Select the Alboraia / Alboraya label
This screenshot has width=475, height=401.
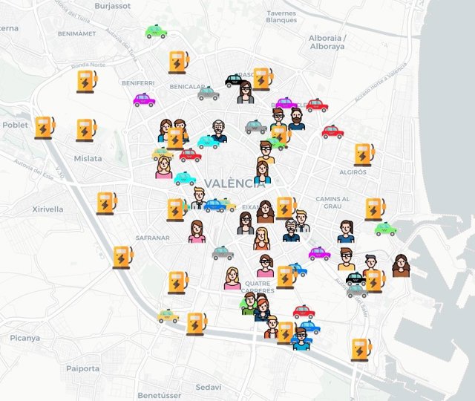327,42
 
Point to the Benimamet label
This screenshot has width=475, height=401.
76,34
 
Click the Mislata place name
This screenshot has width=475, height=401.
88,158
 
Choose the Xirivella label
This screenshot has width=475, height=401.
47,209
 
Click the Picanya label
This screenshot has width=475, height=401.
24,338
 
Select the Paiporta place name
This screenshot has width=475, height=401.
82,368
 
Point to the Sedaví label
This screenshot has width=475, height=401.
208,388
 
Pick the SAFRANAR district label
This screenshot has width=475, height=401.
153,238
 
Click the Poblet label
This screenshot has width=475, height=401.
15,125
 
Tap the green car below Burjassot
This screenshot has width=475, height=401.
156,32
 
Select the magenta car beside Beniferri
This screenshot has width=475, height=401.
144,100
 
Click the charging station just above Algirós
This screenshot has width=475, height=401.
364,154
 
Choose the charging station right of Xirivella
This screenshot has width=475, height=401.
106,202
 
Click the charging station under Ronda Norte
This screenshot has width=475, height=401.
88,81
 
